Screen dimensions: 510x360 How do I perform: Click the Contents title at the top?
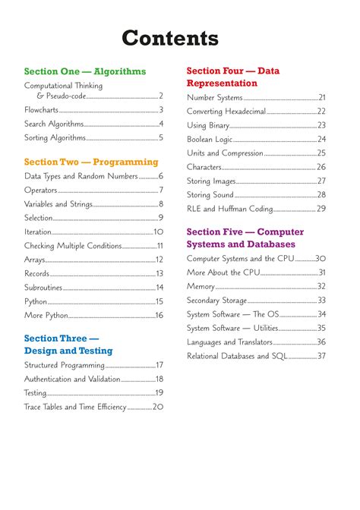pyautogui.click(x=180, y=38)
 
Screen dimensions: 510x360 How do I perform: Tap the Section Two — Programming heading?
pyautogui.click(x=91, y=162)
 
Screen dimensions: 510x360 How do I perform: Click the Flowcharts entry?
pyautogui.click(x=41, y=110)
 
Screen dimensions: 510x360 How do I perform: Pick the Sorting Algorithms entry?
pyautogui.click(x=55, y=137)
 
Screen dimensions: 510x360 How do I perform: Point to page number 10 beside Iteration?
pyautogui.click(x=158, y=232)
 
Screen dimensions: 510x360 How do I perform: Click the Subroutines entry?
pyautogui.click(x=43, y=288)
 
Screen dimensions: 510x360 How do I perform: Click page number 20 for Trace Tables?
pyautogui.click(x=158, y=407)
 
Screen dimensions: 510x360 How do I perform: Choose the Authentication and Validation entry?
pyautogui.click(x=72, y=379)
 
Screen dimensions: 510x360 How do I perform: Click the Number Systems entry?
pyautogui.click(x=215, y=97)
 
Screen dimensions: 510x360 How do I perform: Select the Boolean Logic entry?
pyautogui.click(x=210, y=139)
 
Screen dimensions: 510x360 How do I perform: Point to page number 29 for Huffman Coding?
pyautogui.click(x=321, y=209)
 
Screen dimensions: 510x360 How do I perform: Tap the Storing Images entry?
pyautogui.click(x=211, y=181)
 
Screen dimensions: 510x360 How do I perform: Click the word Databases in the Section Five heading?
pyautogui.click(x=269, y=244)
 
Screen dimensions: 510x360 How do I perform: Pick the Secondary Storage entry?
pyautogui.click(x=217, y=301)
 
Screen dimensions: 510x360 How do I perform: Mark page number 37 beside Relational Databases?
pyautogui.click(x=321, y=356)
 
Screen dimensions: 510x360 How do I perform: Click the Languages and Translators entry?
pyautogui.click(x=236, y=342)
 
